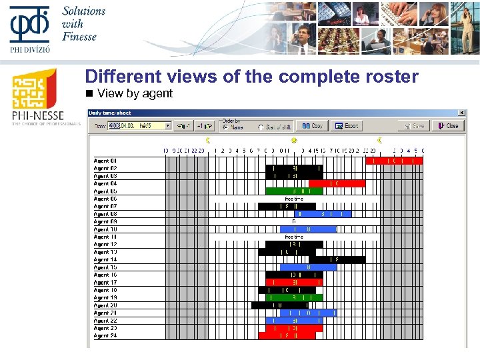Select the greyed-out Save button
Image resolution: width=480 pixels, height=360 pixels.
414,125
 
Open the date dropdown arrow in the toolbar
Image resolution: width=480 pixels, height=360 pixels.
168,125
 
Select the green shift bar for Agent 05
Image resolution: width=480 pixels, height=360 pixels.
294,191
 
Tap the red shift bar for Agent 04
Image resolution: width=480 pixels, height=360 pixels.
337,183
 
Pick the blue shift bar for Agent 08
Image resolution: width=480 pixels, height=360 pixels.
323,214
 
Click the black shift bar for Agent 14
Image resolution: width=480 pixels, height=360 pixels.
337,260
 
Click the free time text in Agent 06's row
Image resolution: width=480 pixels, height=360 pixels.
294,199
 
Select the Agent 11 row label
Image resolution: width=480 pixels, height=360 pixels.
105,237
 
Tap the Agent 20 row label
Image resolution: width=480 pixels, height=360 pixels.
105,305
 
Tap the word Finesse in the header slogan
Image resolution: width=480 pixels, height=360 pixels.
79,36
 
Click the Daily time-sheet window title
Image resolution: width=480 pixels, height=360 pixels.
111,113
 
